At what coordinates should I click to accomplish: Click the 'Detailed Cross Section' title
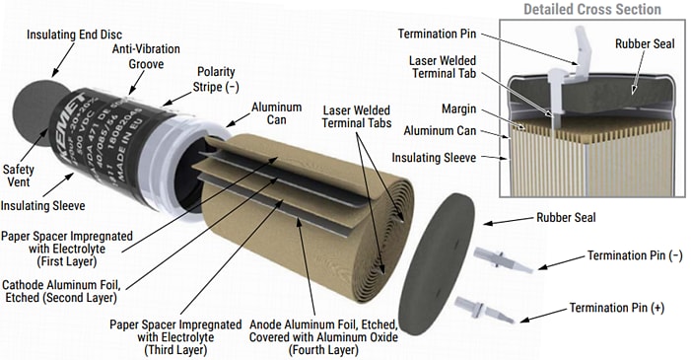[x=591, y=10]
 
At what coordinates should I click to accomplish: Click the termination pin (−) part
[x=503, y=260]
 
